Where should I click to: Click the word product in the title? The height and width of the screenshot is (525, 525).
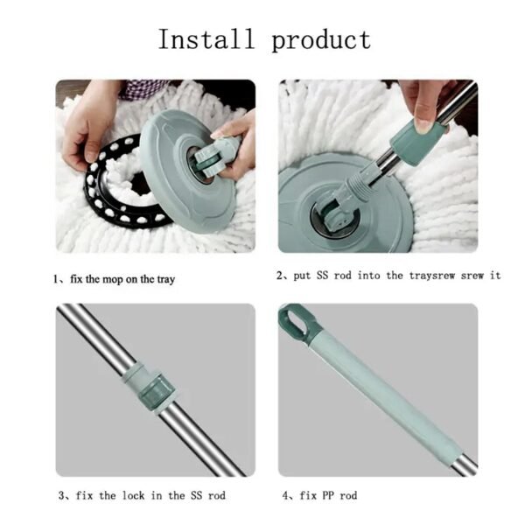[320, 40]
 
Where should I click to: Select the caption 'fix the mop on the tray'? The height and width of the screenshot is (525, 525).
[122, 278]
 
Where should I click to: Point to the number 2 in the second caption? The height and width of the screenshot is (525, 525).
[280, 275]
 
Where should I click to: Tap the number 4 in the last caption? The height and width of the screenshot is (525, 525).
[287, 495]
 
